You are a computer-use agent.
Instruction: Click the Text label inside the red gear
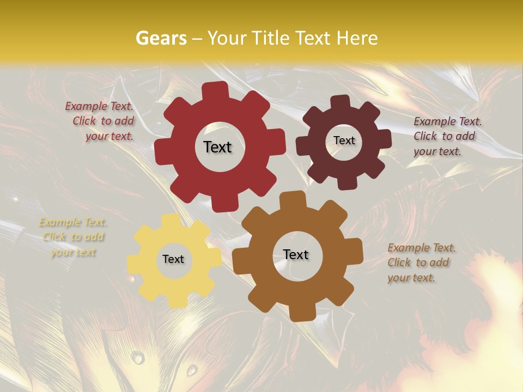click(x=217, y=147)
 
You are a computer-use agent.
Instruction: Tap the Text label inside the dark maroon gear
click(x=344, y=140)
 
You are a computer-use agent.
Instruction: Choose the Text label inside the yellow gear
click(x=173, y=260)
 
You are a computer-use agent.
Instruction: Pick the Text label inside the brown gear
click(x=296, y=254)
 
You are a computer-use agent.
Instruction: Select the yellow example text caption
click(x=73, y=237)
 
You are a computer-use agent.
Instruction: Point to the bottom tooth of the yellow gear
click(x=175, y=301)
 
